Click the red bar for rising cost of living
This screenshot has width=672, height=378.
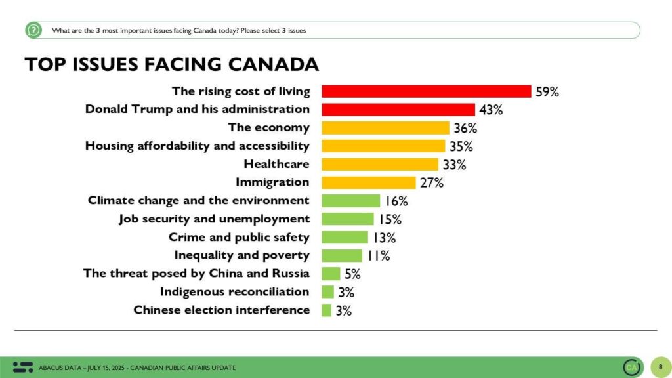click(427, 91)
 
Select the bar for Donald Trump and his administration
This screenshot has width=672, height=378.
click(398, 110)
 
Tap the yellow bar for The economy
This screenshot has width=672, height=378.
click(386, 128)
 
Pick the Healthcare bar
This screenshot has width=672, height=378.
click(380, 164)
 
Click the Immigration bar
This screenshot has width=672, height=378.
click(369, 182)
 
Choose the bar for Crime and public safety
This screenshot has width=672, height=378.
click(345, 237)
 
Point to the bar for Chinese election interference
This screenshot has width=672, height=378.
click(327, 310)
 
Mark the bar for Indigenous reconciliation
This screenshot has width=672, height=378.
click(328, 292)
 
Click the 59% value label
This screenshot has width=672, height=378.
click(547, 92)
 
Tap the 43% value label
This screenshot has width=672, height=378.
click(491, 110)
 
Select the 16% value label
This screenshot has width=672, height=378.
click(396, 201)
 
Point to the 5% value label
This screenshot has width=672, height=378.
click(352, 274)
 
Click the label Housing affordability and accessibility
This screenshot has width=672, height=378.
click(197, 146)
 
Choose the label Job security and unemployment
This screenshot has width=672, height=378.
click(215, 219)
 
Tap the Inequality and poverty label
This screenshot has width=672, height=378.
click(241, 255)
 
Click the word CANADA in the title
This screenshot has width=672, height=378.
click(274, 65)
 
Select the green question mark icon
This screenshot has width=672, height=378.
click(33, 30)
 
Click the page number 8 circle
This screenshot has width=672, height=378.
click(660, 367)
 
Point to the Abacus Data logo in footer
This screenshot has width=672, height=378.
click(23, 367)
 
